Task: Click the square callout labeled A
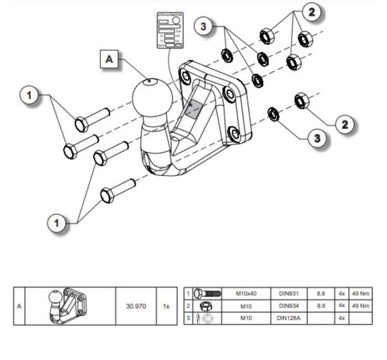(x=109, y=59)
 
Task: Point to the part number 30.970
(x=136, y=306)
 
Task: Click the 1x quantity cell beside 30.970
(x=166, y=306)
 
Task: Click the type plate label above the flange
(x=170, y=30)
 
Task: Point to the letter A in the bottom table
(x=19, y=306)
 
